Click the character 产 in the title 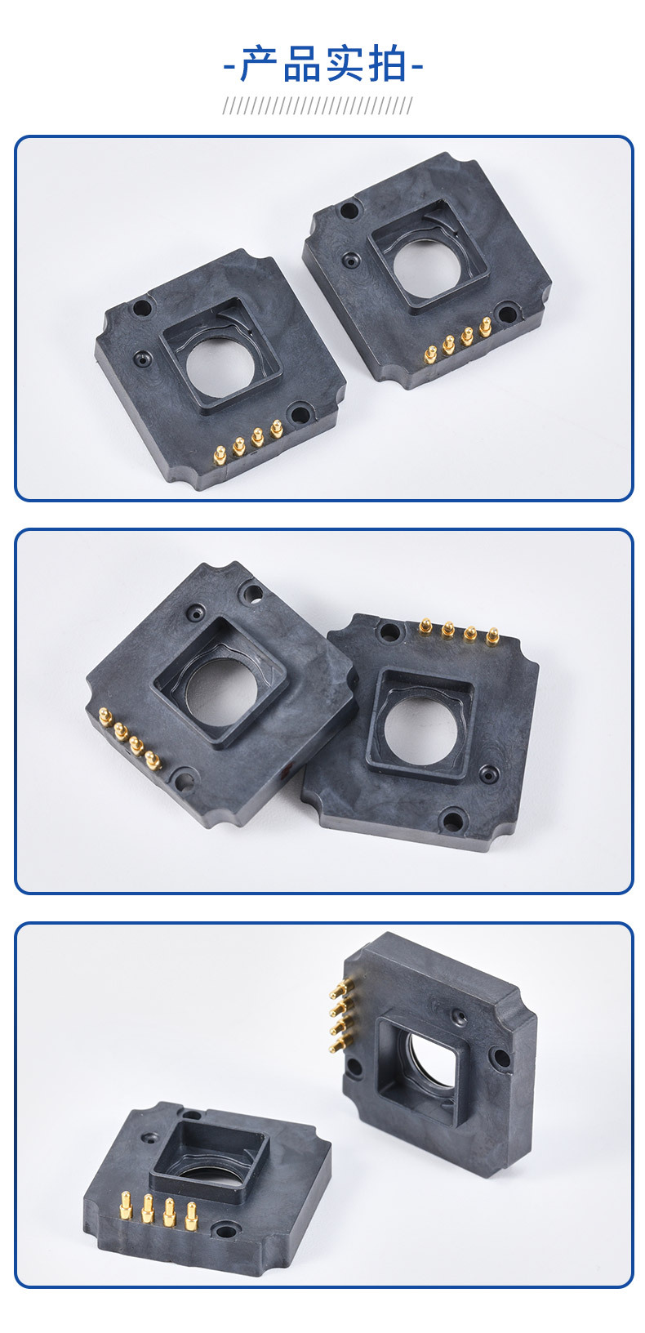click(259, 64)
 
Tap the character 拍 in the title click(387, 64)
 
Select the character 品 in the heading click(301, 64)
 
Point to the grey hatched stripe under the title click(317, 105)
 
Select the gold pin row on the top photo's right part click(458, 341)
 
